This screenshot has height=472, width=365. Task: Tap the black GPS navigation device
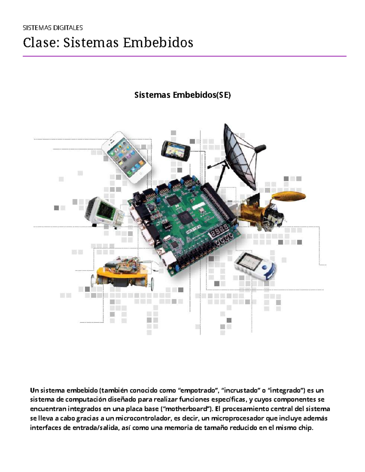pyautogui.click(x=176, y=151)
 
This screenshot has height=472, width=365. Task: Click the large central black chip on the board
pyautogui.click(x=186, y=217)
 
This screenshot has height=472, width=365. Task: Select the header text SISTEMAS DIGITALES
pyautogui.click(x=53, y=28)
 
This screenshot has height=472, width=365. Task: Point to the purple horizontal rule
pyautogui.click(x=185, y=56)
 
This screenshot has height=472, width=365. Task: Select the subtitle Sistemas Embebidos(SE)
pyautogui.click(x=182, y=95)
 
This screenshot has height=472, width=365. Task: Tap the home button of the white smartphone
pyautogui.click(x=141, y=174)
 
